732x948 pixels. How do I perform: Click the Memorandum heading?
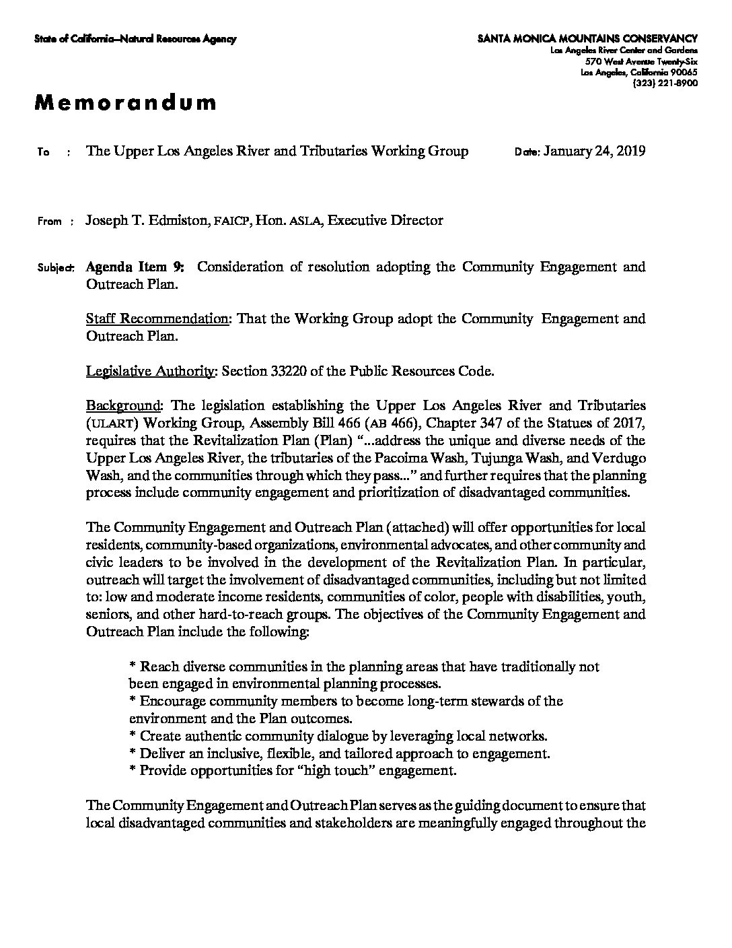pos(126,102)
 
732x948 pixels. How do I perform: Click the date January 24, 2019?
pos(594,151)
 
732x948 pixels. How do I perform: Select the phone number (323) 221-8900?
pos(665,83)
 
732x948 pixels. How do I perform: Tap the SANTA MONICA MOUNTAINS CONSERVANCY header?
pos(587,39)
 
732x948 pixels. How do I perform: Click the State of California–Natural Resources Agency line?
pos(135,39)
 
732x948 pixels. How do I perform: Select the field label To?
pos(44,152)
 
